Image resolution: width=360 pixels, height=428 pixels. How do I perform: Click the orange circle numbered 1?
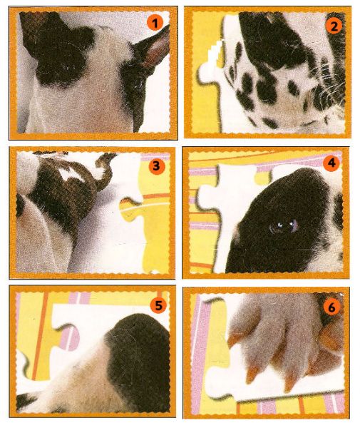pyautogui.click(x=155, y=24)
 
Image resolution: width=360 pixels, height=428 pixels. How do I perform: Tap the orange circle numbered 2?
pyautogui.click(x=334, y=26)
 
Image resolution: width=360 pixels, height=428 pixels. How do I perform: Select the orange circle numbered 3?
pyautogui.click(x=156, y=166)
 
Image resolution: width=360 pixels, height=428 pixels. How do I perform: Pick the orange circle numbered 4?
pyautogui.click(x=331, y=163)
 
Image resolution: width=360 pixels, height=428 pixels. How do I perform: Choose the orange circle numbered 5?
pyautogui.click(x=158, y=305)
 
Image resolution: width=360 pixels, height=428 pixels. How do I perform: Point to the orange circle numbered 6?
pyautogui.click(x=331, y=308)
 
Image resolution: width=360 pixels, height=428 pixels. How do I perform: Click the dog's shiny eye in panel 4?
pyautogui.click(x=284, y=225)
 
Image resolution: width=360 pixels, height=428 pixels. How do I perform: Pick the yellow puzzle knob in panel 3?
pyautogui.click(x=130, y=209)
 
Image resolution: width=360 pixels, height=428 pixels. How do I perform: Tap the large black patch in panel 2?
pyautogui.click(x=273, y=41)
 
